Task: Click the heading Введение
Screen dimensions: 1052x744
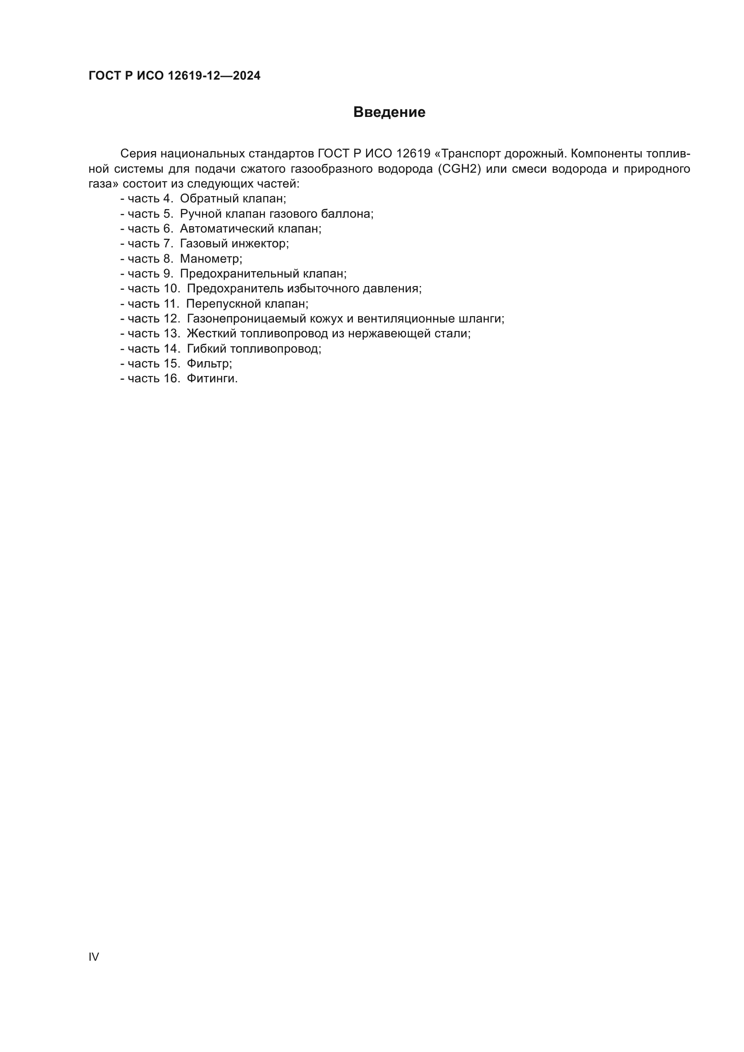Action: click(389, 112)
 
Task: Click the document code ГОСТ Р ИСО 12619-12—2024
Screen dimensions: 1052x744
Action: click(174, 76)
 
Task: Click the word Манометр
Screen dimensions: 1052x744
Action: click(211, 259)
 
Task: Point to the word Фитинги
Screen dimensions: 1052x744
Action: click(212, 379)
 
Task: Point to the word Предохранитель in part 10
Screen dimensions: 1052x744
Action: click(233, 289)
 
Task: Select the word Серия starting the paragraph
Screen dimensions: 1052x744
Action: click(139, 154)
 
